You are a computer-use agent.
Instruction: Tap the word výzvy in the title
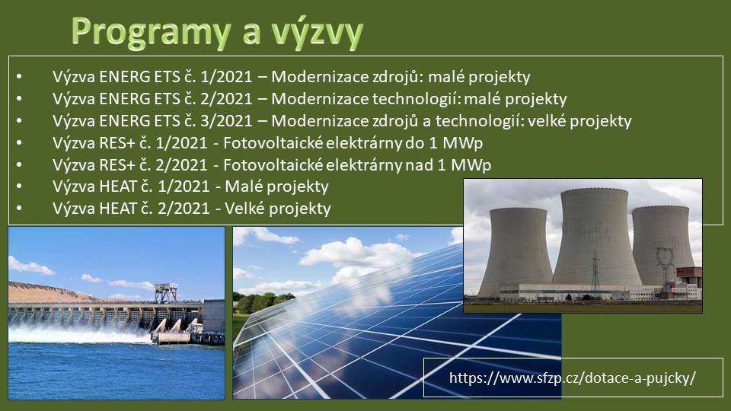click(317, 33)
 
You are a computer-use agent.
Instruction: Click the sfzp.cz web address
click(573, 378)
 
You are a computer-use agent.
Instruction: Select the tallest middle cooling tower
click(595, 237)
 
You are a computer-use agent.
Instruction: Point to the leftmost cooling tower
click(516, 252)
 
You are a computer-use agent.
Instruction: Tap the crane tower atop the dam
click(165, 292)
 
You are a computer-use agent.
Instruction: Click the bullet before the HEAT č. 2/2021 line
click(19, 209)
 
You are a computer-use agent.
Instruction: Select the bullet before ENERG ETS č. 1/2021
click(19, 76)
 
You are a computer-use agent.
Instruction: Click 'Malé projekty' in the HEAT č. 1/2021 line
click(277, 186)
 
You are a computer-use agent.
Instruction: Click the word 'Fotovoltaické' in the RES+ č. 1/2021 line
click(273, 142)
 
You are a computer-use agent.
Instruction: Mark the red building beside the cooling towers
click(689, 275)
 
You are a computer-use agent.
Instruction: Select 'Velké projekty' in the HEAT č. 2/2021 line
click(278, 209)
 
